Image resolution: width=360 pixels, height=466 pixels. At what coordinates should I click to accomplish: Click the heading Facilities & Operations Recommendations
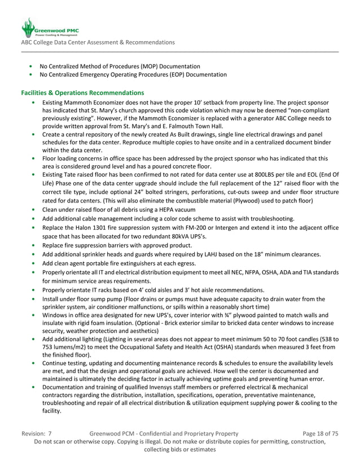(82, 92)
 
